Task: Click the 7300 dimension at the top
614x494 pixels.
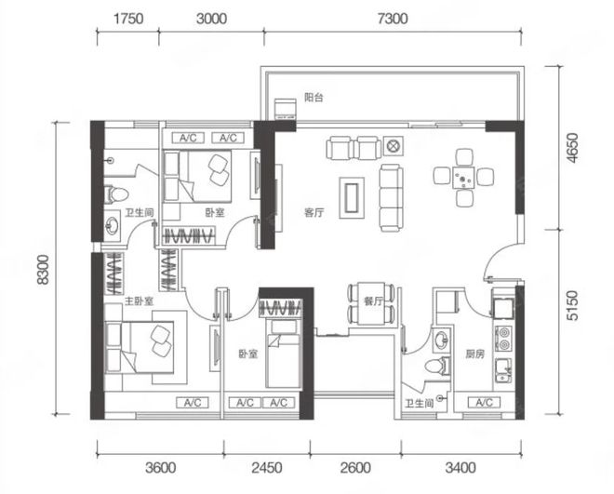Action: pyautogui.click(x=393, y=19)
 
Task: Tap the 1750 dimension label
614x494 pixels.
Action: pyautogui.click(x=128, y=19)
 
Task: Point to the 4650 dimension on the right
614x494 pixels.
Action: pyautogui.click(x=572, y=148)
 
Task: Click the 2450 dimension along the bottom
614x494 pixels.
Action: pyautogui.click(x=267, y=468)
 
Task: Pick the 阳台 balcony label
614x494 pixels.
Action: pyautogui.click(x=314, y=97)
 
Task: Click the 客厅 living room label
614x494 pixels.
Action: pyautogui.click(x=314, y=212)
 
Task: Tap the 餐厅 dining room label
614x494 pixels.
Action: pyautogui.click(x=373, y=300)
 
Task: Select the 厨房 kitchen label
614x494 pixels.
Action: pyautogui.click(x=474, y=354)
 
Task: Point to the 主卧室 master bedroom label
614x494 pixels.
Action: pyautogui.click(x=139, y=300)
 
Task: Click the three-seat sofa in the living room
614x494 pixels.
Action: pyautogui.click(x=391, y=198)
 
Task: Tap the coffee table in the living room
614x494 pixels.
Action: pyautogui.click(x=352, y=197)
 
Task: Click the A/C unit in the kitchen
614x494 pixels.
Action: pyautogui.click(x=484, y=403)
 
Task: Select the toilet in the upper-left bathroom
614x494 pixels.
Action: pyautogui.click(x=116, y=194)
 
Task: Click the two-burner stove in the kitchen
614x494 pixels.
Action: pyautogui.click(x=504, y=339)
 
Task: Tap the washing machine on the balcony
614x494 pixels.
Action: pyautogui.click(x=285, y=109)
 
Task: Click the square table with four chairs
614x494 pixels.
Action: pyautogui.click(x=463, y=178)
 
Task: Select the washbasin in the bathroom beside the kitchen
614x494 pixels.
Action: pyautogui.click(x=441, y=340)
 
